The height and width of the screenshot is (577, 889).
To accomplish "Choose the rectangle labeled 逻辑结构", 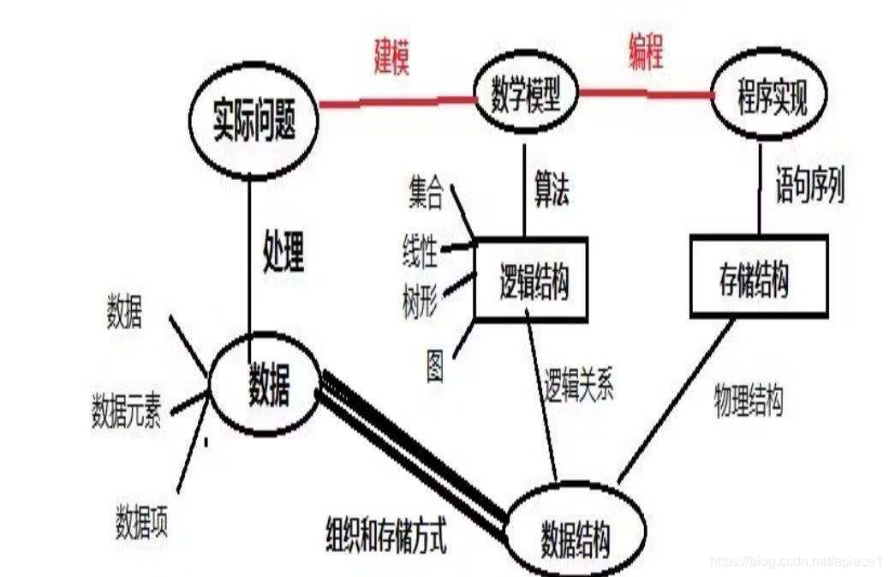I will point(531,279).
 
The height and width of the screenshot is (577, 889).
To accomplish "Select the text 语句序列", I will point(809,185).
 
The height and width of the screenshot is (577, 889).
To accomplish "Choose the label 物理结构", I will point(748,400).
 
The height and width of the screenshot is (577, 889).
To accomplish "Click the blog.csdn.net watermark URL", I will point(797,561).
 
